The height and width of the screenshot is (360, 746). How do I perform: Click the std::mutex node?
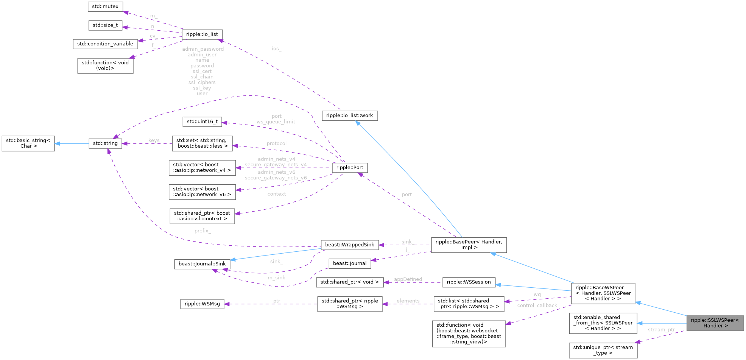click(x=105, y=6)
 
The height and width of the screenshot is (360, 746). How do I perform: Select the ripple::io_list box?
click(x=202, y=34)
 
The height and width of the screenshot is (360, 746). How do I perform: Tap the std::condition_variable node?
click(x=105, y=44)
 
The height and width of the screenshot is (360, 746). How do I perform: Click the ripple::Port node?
click(x=350, y=167)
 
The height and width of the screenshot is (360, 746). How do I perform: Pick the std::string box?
click(x=105, y=143)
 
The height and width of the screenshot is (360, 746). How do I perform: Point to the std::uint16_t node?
click(x=202, y=122)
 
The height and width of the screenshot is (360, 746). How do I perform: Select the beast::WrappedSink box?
click(x=350, y=245)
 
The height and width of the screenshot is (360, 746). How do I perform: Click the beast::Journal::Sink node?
click(x=202, y=264)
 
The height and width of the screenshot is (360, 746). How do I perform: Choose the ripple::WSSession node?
click(x=469, y=282)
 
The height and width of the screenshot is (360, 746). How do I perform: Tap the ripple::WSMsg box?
click(x=202, y=304)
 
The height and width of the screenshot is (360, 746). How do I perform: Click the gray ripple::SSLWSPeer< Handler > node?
click(x=715, y=323)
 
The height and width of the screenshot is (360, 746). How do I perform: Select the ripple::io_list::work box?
click(x=350, y=115)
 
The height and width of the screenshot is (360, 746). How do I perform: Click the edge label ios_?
click(x=277, y=48)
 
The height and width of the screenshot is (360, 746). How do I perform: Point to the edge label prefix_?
click(x=203, y=231)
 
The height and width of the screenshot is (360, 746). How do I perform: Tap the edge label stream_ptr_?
click(x=662, y=330)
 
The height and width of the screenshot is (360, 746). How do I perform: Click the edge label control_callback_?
click(x=537, y=305)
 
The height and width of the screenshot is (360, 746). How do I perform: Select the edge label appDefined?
click(x=408, y=279)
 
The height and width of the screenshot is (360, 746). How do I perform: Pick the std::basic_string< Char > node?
click(x=28, y=143)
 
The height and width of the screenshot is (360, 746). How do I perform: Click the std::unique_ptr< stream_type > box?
click(x=603, y=350)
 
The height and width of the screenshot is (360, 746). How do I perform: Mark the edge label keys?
click(x=154, y=140)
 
